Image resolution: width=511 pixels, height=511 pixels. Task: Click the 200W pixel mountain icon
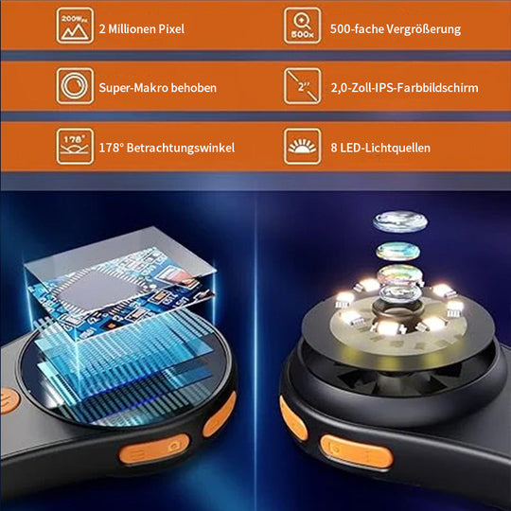pos(75,26)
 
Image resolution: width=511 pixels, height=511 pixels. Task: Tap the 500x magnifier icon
pos(302,26)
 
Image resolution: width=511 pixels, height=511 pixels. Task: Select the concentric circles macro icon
pos(75,86)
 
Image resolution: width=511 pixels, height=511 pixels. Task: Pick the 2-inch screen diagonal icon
pos(302,86)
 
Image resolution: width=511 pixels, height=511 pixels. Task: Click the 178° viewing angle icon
pos(75,147)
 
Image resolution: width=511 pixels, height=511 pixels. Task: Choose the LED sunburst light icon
pos(302,147)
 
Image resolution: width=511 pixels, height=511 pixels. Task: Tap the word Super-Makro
pos(133,88)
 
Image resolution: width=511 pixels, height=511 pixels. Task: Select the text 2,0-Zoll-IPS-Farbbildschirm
pos(404,88)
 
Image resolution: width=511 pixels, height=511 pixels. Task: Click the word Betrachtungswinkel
pos(181,148)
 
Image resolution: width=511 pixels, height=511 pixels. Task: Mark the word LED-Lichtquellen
pos(385,148)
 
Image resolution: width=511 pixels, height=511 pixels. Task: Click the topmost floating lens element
pos(400,222)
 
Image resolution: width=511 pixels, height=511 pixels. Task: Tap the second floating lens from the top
pos(397,251)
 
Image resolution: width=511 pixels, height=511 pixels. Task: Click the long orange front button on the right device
pos(357,452)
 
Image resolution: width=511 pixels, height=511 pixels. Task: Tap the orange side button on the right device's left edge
pos(293,418)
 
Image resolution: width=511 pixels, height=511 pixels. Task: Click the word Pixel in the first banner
pos(171,29)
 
